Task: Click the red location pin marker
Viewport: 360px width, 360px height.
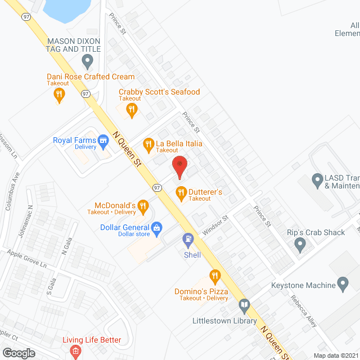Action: click(x=179, y=167)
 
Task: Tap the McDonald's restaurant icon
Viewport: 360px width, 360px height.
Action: click(x=143, y=207)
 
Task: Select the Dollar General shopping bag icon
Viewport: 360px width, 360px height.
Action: click(x=157, y=228)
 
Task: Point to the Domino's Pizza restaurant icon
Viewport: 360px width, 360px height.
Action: click(x=214, y=276)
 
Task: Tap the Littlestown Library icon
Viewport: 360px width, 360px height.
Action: click(x=244, y=307)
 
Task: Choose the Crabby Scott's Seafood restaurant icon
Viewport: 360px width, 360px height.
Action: click(x=132, y=109)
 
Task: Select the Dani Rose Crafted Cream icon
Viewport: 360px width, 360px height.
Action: click(x=58, y=95)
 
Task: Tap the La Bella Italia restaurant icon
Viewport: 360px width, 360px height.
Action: click(x=148, y=145)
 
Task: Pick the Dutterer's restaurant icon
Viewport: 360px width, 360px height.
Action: click(x=181, y=193)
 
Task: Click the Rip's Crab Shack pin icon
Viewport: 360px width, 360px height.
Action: click(x=300, y=245)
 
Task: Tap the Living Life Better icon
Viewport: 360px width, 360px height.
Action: click(x=74, y=352)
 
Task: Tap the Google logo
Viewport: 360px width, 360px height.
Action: click(x=19, y=353)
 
